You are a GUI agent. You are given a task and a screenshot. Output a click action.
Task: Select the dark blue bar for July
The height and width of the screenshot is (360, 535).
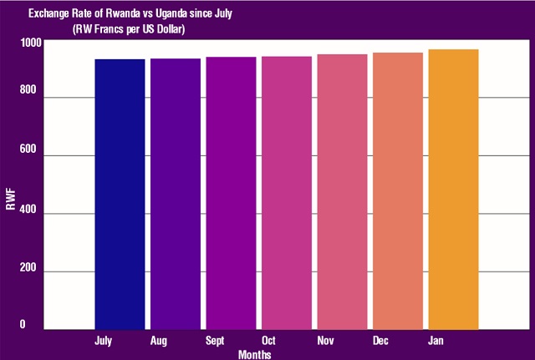pyautogui.click(x=120, y=194)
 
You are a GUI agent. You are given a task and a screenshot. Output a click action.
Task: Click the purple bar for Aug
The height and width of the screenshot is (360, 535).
pyautogui.click(x=175, y=194)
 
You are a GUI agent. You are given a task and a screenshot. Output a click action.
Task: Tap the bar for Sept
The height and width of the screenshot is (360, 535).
pyautogui.click(x=231, y=193)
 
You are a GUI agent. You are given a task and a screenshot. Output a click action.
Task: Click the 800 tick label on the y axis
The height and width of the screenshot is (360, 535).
pyautogui.click(x=29, y=98)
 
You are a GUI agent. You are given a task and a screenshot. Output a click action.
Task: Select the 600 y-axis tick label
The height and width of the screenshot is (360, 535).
pyautogui.click(x=29, y=155)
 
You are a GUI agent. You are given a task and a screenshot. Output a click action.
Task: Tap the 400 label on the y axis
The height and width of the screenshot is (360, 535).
pyautogui.click(x=29, y=214)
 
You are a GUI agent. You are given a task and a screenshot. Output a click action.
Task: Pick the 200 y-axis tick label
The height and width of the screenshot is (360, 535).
pyautogui.click(x=29, y=271)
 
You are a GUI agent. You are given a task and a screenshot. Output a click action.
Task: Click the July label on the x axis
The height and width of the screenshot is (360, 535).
pyautogui.click(x=104, y=341)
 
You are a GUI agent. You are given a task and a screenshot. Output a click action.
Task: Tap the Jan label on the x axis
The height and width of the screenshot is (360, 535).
pyautogui.click(x=436, y=341)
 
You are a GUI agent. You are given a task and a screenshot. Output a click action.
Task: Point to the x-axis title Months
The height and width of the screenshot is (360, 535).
pyautogui.click(x=253, y=353)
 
